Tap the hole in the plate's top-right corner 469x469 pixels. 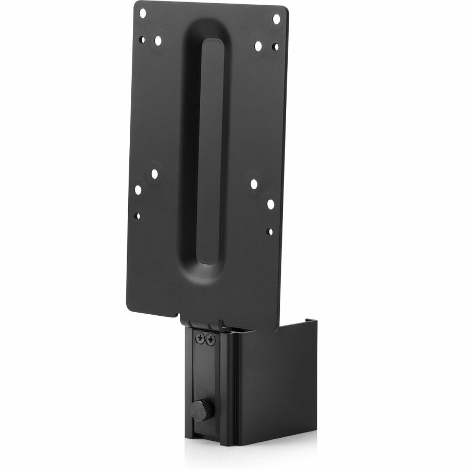[276, 19]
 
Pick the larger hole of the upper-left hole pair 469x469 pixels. [157, 40]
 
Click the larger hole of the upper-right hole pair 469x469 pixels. [258, 46]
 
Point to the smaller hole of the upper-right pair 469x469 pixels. [275, 47]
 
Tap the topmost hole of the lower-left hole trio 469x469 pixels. [154, 174]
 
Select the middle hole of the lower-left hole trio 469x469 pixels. [138, 190]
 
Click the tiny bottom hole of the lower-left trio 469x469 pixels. [137, 215]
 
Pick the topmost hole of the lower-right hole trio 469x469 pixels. [254, 184]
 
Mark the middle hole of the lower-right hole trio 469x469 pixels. [270, 204]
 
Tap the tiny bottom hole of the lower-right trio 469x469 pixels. [269, 230]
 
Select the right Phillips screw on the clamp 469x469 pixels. [211, 340]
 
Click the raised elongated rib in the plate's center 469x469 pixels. [212, 151]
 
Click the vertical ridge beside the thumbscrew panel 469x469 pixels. [225, 391]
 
